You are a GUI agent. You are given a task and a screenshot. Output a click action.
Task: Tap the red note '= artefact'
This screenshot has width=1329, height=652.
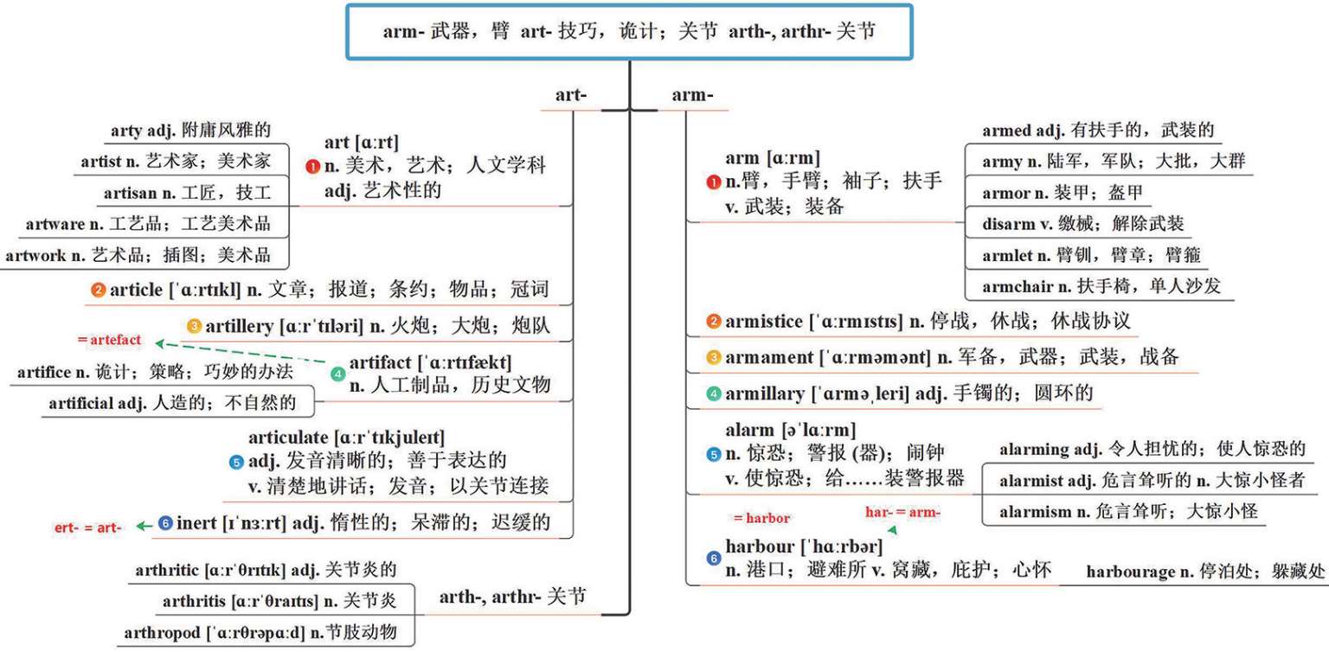coord(109,340)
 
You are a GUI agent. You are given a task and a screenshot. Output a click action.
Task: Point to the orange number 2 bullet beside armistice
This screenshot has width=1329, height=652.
coord(713,322)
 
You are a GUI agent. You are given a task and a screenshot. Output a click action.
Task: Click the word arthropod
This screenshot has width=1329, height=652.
coord(161,632)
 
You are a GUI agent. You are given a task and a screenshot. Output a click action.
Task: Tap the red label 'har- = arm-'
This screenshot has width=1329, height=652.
coord(902,512)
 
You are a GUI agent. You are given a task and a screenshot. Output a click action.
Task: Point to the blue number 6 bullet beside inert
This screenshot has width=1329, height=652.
coord(166,523)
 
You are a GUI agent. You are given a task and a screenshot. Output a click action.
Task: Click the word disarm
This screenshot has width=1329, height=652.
coord(1008,223)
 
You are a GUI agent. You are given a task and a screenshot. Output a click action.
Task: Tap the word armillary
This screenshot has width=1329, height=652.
coord(764,393)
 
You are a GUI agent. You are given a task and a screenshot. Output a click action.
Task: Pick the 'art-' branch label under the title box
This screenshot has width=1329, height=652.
coord(571,96)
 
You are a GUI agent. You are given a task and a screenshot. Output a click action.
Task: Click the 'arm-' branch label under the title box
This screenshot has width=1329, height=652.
coord(692,96)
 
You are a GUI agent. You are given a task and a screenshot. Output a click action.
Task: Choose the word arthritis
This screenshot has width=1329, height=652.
coord(195,601)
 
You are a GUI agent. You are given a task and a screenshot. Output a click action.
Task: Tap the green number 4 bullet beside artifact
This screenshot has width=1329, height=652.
coord(337,374)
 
